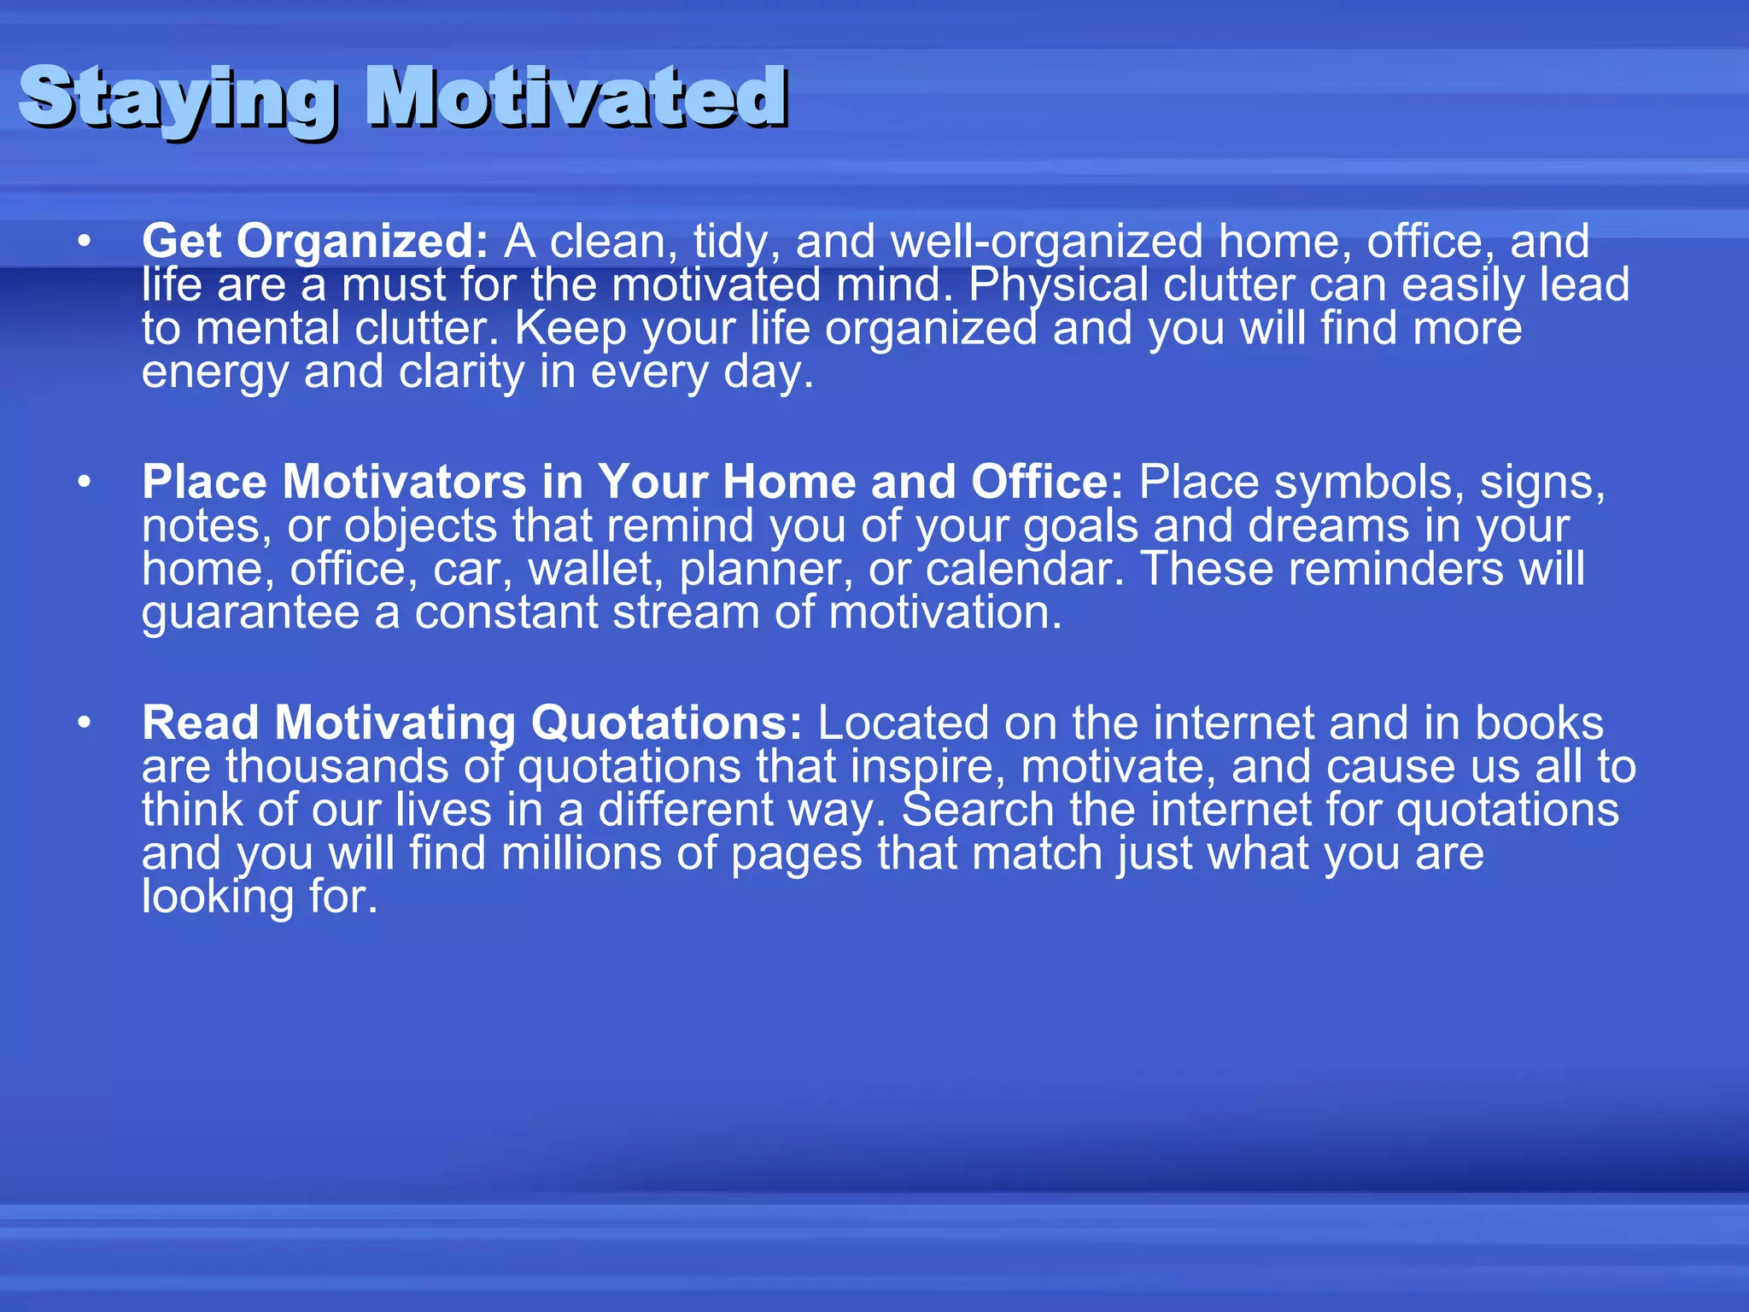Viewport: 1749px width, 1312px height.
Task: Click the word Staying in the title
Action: coord(175,98)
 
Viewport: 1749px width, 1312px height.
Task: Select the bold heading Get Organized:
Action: coord(314,242)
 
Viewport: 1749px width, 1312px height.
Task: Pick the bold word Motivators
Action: coord(404,483)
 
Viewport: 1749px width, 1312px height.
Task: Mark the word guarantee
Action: coord(250,614)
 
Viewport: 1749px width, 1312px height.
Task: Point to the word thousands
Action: coord(336,767)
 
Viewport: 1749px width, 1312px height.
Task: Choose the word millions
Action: coord(581,854)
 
